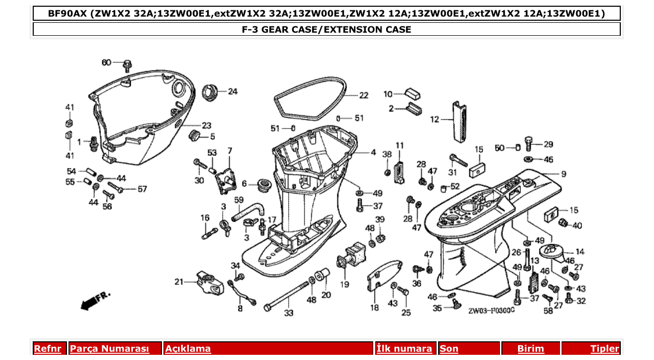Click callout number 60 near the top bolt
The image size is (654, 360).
point(106,63)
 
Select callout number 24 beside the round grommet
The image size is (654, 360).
point(233,92)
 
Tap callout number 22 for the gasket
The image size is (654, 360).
point(363,95)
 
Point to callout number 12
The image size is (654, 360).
point(434,119)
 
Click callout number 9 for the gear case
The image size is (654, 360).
point(563,174)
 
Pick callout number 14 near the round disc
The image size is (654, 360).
point(580,252)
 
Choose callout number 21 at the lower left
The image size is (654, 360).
point(179,282)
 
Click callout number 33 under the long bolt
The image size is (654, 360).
point(289,313)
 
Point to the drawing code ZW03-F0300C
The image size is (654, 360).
point(491,311)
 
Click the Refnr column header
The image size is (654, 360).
point(50,349)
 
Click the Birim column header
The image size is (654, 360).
point(530,349)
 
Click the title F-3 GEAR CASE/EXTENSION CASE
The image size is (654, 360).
point(326,30)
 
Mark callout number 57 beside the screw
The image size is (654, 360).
point(142,189)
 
